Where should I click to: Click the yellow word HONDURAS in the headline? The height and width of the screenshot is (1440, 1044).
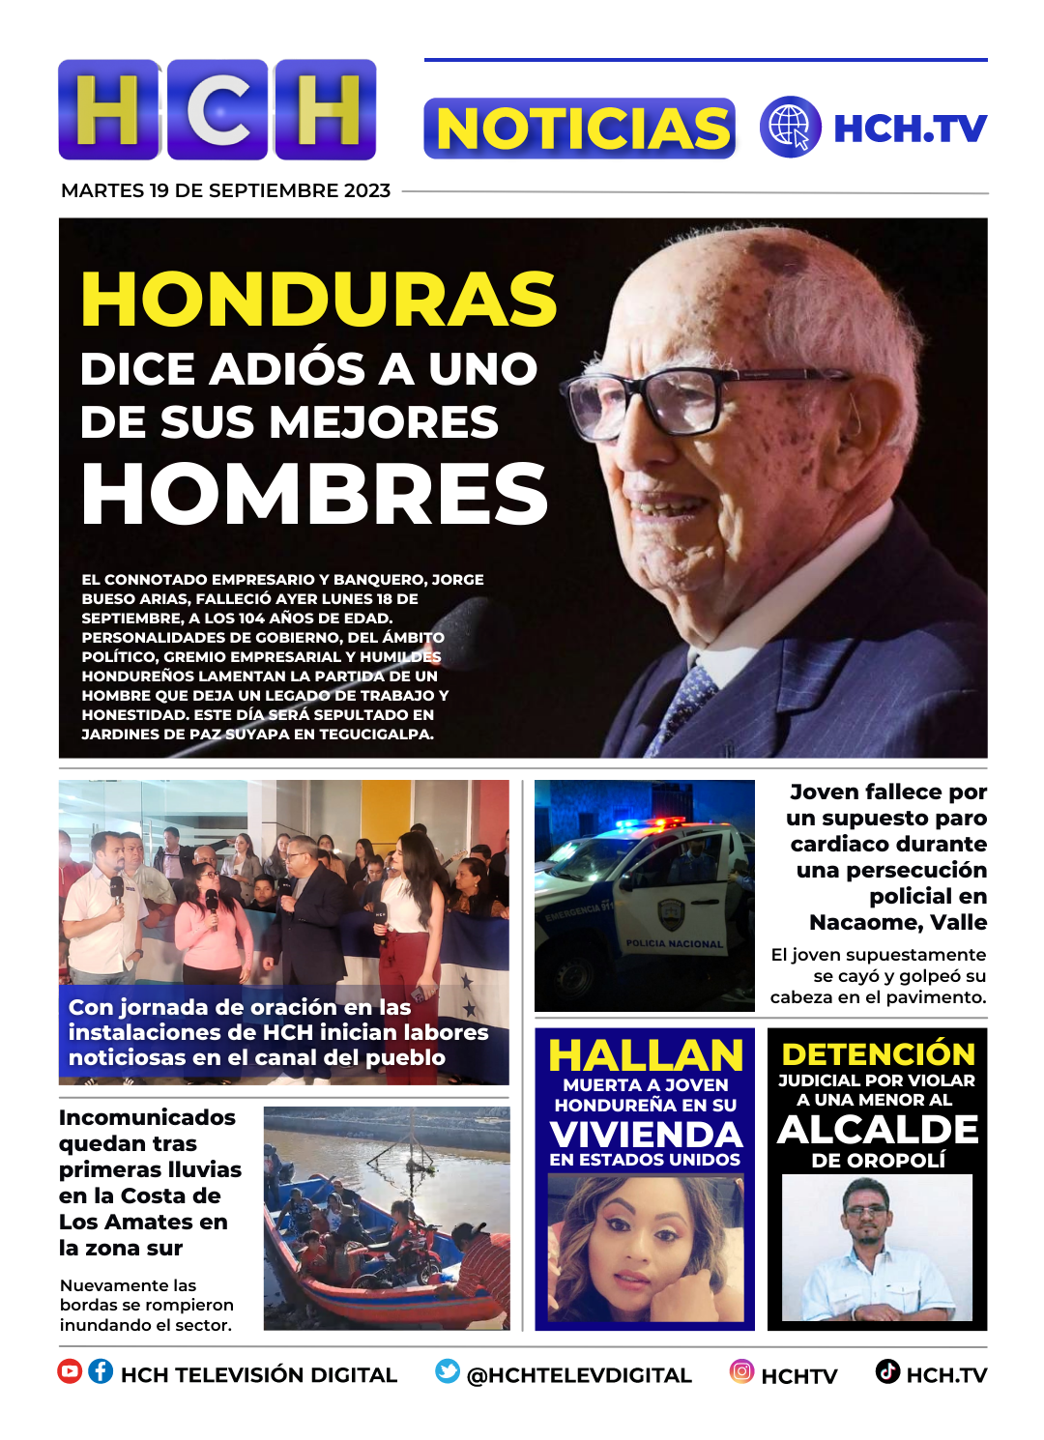pyautogui.click(x=319, y=299)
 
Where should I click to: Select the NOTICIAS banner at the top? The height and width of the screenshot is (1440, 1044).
pyautogui.click(x=579, y=129)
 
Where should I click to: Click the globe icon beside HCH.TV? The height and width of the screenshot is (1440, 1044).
pyautogui.click(x=790, y=128)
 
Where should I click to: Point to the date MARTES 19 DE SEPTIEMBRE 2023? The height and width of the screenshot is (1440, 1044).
pyautogui.click(x=225, y=190)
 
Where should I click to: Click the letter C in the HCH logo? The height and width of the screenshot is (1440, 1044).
pyautogui.click(x=217, y=109)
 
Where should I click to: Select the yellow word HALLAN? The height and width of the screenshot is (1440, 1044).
pyautogui.click(x=645, y=1055)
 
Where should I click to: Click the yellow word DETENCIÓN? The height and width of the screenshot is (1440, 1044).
pyautogui.click(x=878, y=1053)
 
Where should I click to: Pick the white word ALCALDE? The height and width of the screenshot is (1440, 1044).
pyautogui.click(x=878, y=1129)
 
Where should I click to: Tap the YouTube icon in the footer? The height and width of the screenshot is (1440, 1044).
pyautogui.click(x=70, y=1371)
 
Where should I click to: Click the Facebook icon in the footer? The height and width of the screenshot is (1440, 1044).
pyautogui.click(x=101, y=1371)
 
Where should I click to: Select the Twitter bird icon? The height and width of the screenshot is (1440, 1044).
pyautogui.click(x=447, y=1371)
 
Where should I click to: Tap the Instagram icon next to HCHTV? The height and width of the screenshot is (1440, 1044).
pyautogui.click(x=741, y=1371)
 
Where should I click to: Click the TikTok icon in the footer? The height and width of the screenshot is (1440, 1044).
pyautogui.click(x=887, y=1371)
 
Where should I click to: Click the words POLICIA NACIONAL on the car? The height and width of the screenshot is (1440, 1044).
pyautogui.click(x=674, y=943)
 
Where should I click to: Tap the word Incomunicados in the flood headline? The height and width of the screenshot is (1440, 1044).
pyautogui.click(x=147, y=1117)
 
